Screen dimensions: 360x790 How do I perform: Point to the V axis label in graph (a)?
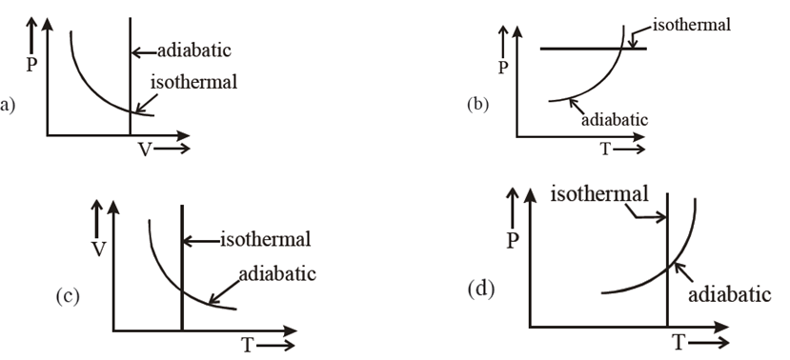tap(144, 150)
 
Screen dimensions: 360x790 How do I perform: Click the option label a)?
tap(8, 105)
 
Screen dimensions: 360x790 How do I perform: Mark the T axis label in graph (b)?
tap(606, 150)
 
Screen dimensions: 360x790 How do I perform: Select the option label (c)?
tap(66, 296)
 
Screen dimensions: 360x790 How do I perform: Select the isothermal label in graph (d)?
tap(599, 194)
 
